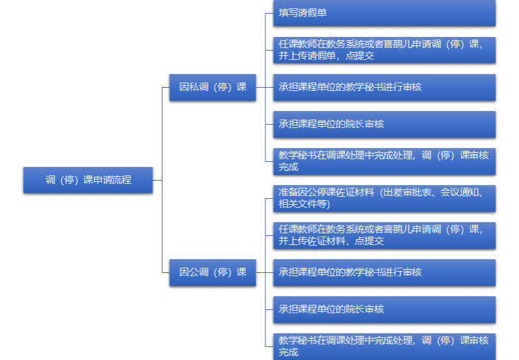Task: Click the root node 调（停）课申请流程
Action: [x=88, y=180]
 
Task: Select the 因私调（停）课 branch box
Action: [x=213, y=87]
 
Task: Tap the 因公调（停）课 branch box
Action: [x=213, y=272]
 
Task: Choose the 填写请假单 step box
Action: [x=384, y=12]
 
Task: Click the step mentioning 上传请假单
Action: [x=384, y=50]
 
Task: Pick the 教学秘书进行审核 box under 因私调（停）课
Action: [x=384, y=87]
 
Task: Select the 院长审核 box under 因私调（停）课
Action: [x=384, y=124]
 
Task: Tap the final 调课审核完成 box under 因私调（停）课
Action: [x=384, y=161]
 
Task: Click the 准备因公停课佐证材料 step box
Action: [x=384, y=198]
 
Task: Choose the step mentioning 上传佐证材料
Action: [x=384, y=235]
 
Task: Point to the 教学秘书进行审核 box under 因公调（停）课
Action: [x=384, y=272]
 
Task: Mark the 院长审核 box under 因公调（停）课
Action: [x=384, y=309]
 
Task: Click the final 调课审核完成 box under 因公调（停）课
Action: [x=384, y=346]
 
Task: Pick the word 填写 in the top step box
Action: [x=289, y=12]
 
